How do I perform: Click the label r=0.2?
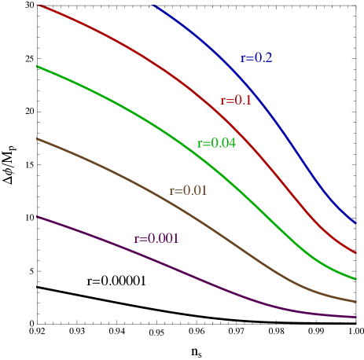coord(256,58)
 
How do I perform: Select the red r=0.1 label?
coord(236,101)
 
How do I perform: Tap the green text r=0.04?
coord(216,143)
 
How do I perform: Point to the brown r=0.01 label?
coord(188,191)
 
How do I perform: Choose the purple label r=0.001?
coord(156,238)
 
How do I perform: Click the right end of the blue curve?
coord(356,223)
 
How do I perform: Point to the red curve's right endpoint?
coord(356,253)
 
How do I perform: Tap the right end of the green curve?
coord(356,278)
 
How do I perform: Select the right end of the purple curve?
coord(356,317)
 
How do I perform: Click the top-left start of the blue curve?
coord(153,5)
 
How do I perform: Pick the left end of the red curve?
coord(38,6)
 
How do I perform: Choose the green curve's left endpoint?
coord(37,67)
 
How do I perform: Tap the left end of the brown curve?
coord(37,138)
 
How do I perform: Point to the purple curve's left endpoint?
coord(37,216)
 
